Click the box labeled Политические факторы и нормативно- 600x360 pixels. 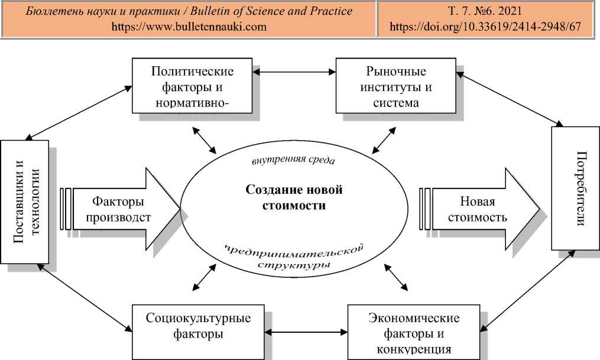[x=192, y=87]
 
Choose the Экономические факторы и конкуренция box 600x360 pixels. [x=413, y=331]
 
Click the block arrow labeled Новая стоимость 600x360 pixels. [x=479, y=209]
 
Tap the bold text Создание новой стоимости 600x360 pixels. [x=294, y=197]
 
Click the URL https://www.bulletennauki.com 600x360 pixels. [x=189, y=27]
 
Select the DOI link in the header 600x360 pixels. [x=488, y=27]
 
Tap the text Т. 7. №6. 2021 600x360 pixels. [x=488, y=12]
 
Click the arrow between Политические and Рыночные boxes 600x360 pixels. [x=293, y=73]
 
